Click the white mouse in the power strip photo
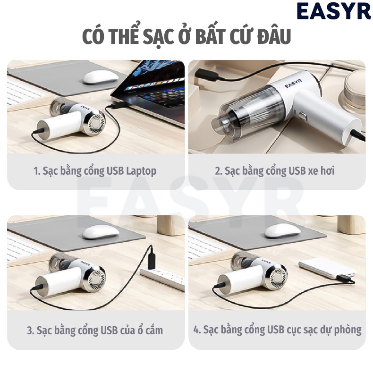coord(101,231)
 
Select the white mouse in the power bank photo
coord(282,230)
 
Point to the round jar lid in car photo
coord(356,90)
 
